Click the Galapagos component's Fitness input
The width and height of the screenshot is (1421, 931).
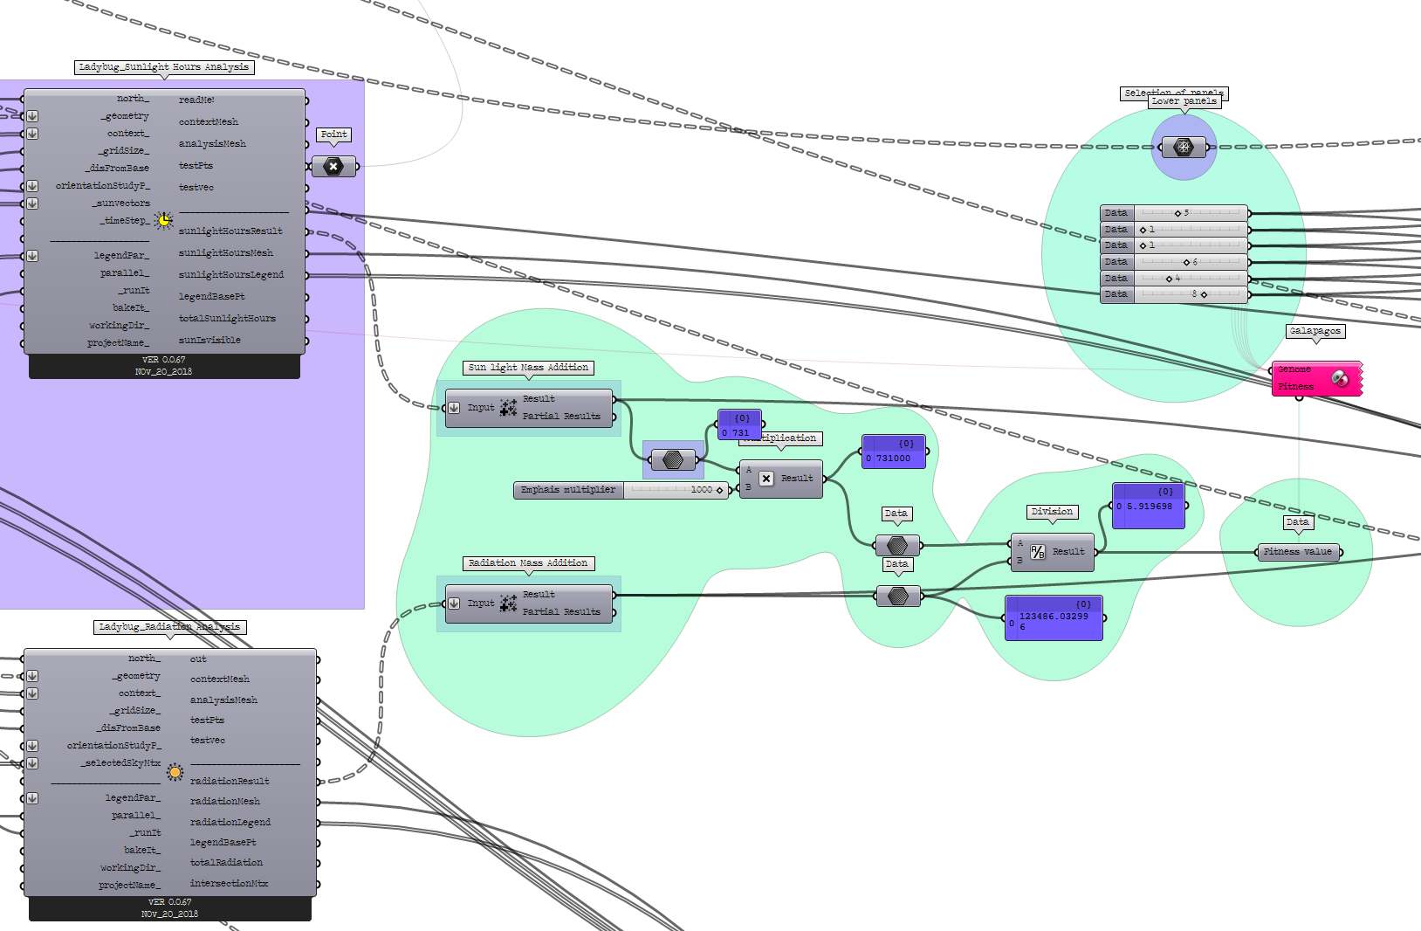click(x=1296, y=386)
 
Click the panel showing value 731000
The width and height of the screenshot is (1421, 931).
click(x=894, y=452)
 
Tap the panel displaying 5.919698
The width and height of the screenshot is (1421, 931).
click(x=1149, y=507)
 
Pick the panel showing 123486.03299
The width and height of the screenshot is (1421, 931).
click(x=1054, y=618)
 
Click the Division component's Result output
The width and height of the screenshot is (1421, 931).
click(x=1068, y=552)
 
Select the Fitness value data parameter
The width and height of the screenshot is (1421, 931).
click(x=1298, y=552)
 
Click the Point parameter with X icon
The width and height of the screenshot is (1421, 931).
click(x=333, y=166)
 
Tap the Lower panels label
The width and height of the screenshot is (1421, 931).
click(x=1184, y=101)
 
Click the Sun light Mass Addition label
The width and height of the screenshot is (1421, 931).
click(x=528, y=368)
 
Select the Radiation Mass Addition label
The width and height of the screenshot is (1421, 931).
click(x=528, y=563)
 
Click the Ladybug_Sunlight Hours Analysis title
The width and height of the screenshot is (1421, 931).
click(x=163, y=67)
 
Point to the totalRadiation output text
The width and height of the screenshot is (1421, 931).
click(x=226, y=863)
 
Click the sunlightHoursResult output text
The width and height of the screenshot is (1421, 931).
click(x=230, y=231)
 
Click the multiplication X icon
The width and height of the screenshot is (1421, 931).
click(x=765, y=479)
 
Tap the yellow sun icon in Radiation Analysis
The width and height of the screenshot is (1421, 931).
click(x=175, y=772)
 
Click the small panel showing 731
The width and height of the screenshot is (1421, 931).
click(x=739, y=425)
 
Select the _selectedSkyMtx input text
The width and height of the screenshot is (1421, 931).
click(x=122, y=763)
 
